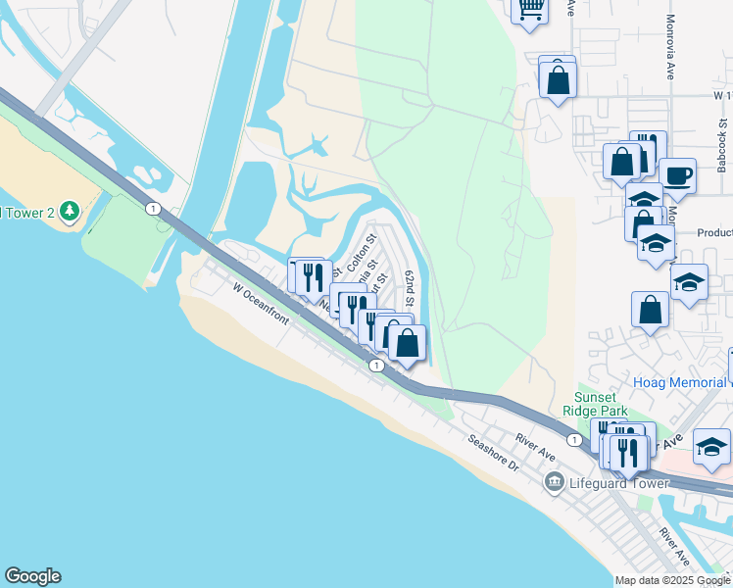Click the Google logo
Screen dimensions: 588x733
click(32, 576)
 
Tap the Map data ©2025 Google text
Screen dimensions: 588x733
click(672, 580)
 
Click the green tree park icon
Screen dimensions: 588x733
click(69, 211)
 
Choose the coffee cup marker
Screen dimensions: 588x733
click(677, 176)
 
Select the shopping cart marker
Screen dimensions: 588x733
click(530, 10)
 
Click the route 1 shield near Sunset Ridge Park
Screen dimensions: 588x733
click(573, 440)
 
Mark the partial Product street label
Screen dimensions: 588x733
click(714, 233)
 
